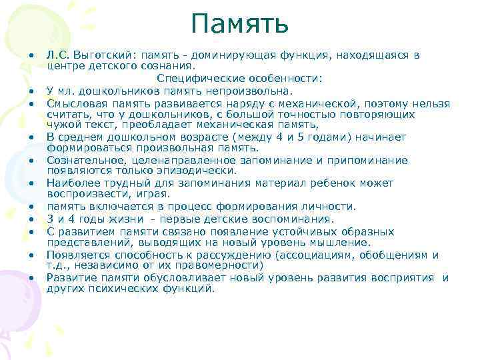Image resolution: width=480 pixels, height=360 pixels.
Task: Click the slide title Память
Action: click(x=239, y=25)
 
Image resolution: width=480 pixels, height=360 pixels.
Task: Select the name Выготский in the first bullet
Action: click(x=101, y=55)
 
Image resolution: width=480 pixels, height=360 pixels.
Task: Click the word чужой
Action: click(x=62, y=125)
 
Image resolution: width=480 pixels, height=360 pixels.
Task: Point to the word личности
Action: click(x=331, y=206)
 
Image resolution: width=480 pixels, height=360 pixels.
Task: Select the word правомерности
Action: click(x=224, y=265)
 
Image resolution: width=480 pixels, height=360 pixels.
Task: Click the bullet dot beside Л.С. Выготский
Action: click(x=31, y=56)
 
